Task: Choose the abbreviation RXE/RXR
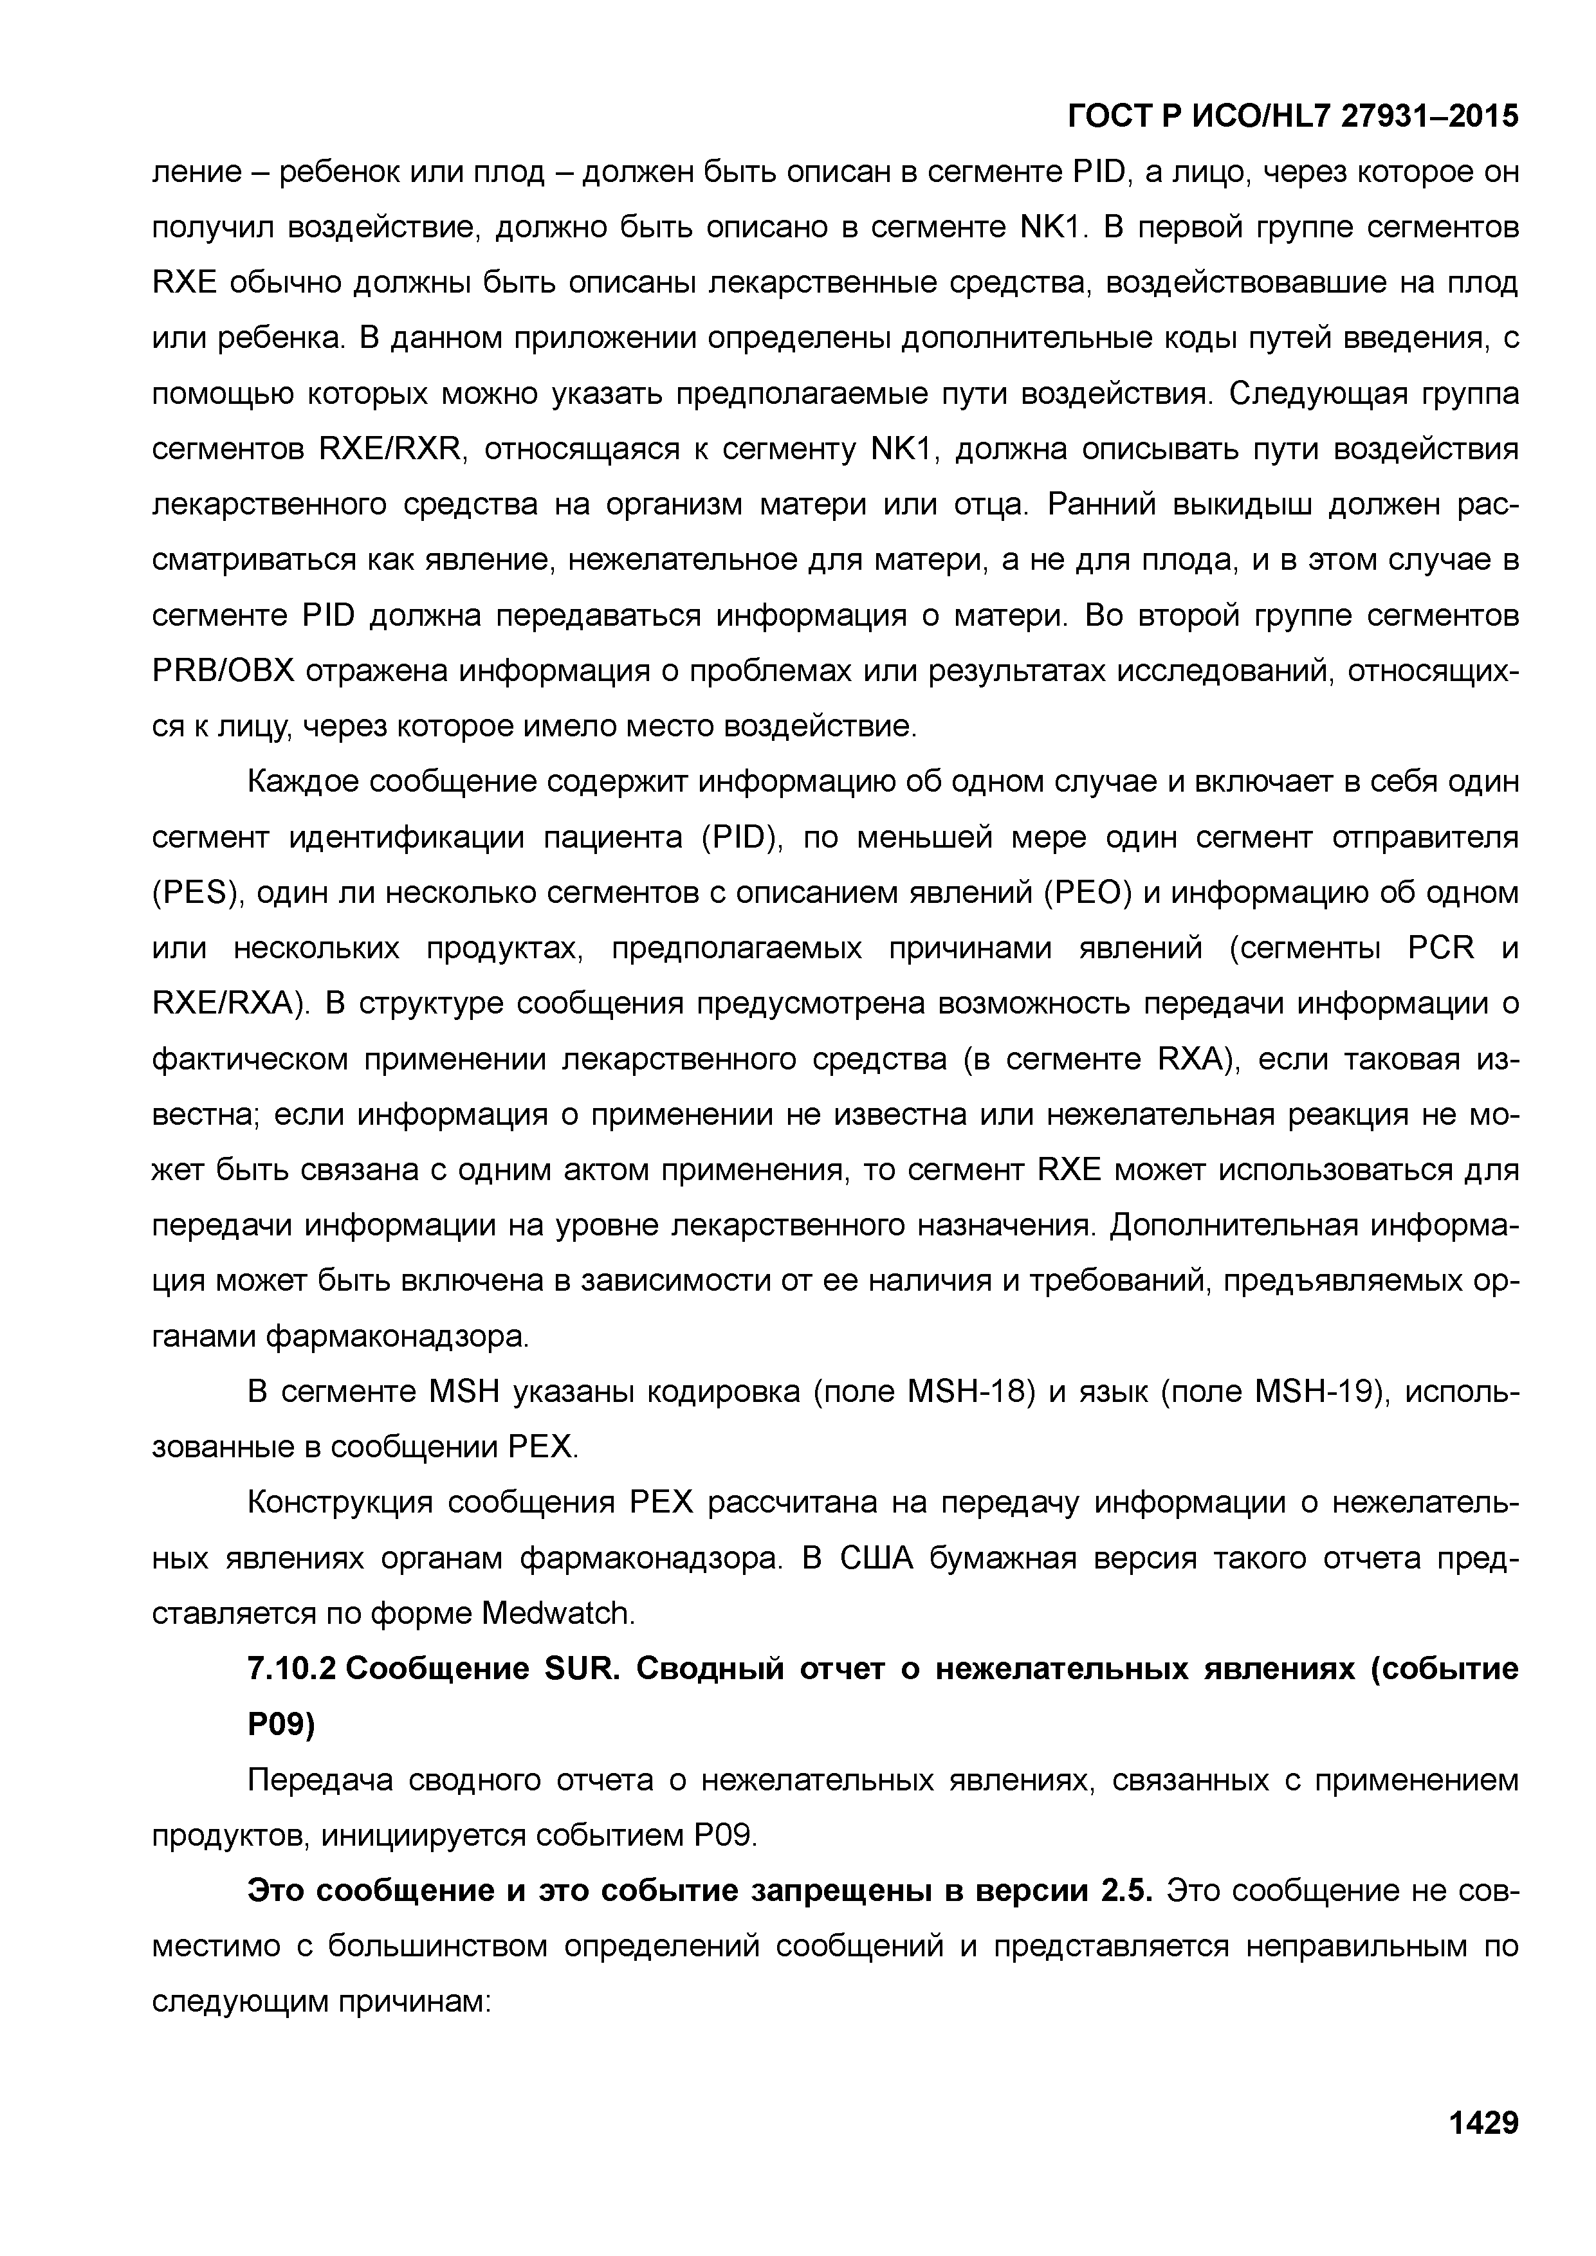(390, 449)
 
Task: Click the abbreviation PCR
(1441, 948)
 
